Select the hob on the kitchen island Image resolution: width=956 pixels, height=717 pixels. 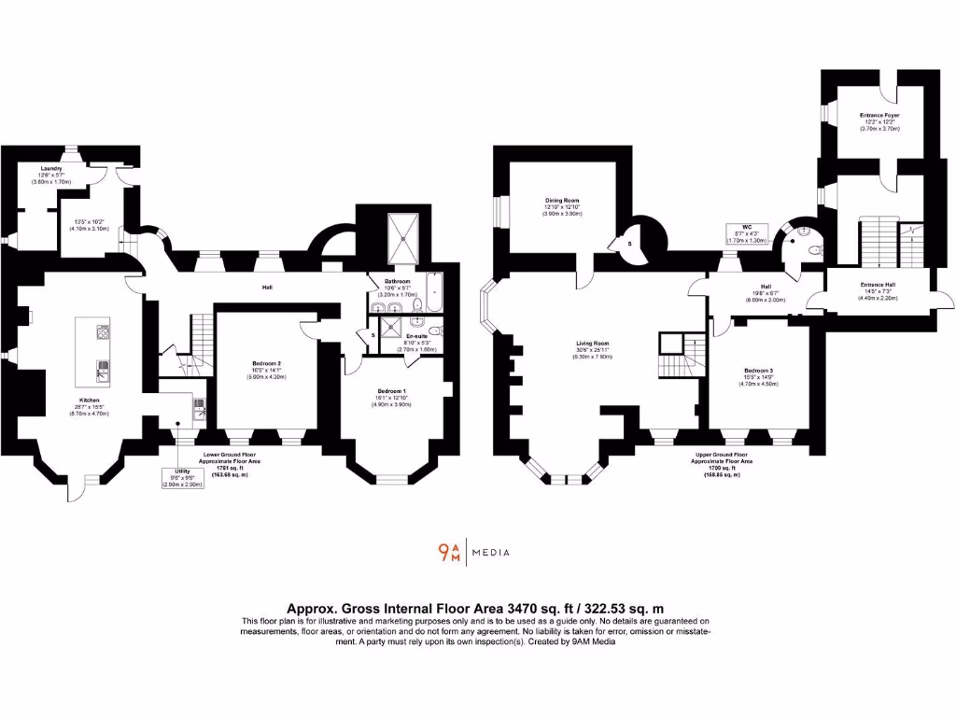[102, 331]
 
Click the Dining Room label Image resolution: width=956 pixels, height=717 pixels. [563, 201]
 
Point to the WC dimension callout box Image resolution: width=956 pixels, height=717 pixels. [746, 233]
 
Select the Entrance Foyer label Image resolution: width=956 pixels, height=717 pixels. [879, 116]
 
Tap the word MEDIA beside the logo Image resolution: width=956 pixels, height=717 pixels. [491, 553]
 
